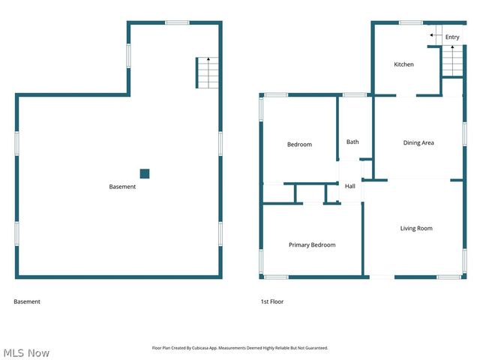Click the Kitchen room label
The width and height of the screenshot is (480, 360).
coord(403,64)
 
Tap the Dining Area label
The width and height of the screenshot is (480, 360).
coord(418,142)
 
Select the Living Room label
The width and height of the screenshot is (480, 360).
coord(415,228)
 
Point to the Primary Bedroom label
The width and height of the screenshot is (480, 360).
coord(312,244)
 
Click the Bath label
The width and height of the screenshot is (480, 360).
coord(352,142)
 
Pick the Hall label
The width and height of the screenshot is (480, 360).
coord(349,186)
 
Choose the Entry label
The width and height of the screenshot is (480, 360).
coord(452,37)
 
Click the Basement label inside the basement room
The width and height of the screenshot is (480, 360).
coord(122,187)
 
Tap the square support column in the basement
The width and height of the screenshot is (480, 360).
coord(145,174)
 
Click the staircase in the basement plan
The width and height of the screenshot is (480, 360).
coord(207,73)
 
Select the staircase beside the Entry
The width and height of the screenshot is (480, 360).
coord(452,61)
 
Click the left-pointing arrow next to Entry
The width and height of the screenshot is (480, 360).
coord(433,35)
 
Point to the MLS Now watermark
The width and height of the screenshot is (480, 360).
coord(26,352)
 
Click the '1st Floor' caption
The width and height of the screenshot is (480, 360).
coord(271,301)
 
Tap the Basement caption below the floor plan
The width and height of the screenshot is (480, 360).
coord(27,301)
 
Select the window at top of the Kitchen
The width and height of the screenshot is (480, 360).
coord(410,22)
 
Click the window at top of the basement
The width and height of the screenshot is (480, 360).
coord(177,22)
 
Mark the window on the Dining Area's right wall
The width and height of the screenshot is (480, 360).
coord(464,132)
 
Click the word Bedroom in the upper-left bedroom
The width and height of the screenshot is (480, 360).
coord(299,144)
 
